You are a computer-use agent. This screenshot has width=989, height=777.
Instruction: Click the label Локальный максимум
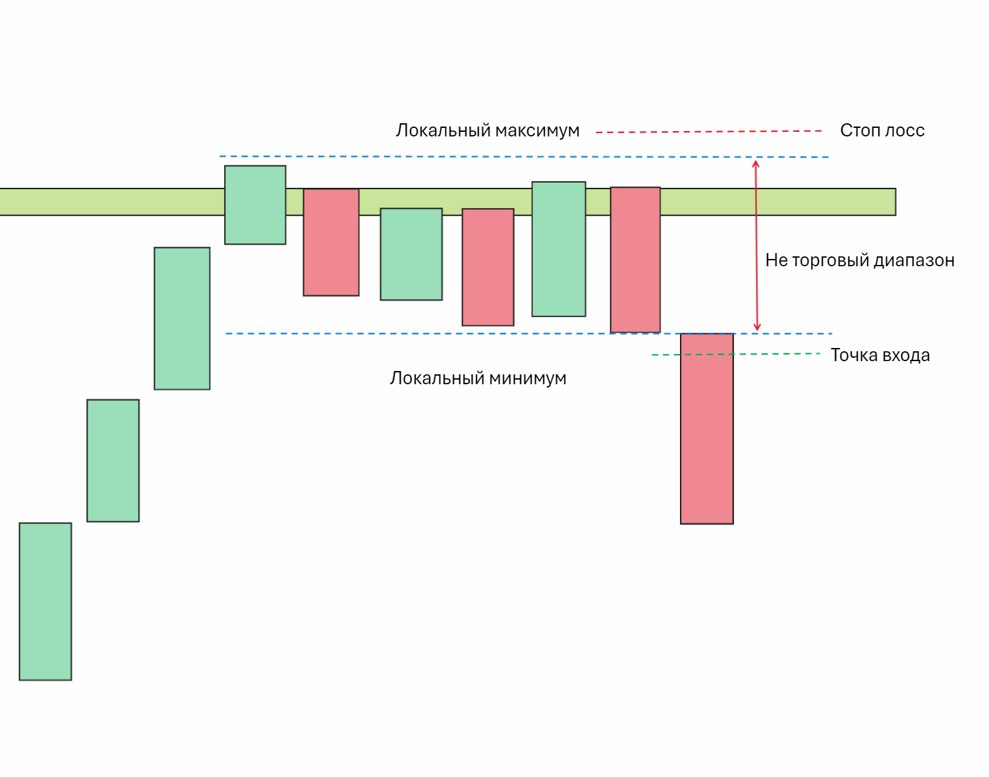coord(488,130)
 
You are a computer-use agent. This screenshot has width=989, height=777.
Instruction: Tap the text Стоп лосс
coord(882,130)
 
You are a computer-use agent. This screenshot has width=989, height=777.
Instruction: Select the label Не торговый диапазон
coord(859,260)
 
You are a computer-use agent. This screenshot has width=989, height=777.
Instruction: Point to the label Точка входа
coord(880,355)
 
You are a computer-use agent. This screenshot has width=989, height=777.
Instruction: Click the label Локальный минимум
coord(478,378)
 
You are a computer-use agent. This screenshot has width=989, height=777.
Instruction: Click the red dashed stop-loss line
coord(708,132)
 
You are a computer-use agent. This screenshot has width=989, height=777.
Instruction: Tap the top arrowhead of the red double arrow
coord(756,163)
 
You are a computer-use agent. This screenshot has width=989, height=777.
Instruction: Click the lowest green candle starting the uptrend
coord(45,601)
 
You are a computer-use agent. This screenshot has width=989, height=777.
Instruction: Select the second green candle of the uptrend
coord(113,460)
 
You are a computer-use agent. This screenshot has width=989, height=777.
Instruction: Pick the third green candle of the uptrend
coord(182,318)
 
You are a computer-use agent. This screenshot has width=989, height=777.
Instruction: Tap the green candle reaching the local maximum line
coord(255,205)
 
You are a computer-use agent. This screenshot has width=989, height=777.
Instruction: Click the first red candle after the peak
coord(331,243)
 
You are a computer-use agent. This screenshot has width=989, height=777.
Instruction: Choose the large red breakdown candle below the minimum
coord(706,428)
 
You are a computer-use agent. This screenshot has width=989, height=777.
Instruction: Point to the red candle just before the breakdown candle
coord(635,260)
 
